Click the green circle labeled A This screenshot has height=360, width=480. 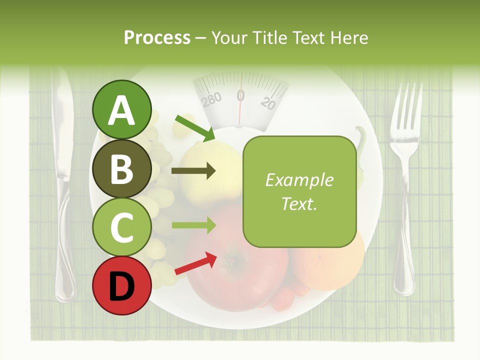121,109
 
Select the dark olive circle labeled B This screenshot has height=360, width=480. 121,168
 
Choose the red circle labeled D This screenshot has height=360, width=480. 121,285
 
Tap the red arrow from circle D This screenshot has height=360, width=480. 195,264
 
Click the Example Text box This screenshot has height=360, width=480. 299,191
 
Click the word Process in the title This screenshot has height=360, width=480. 157,38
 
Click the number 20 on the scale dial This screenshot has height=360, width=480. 268,103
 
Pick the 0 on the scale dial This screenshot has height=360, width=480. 240,95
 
